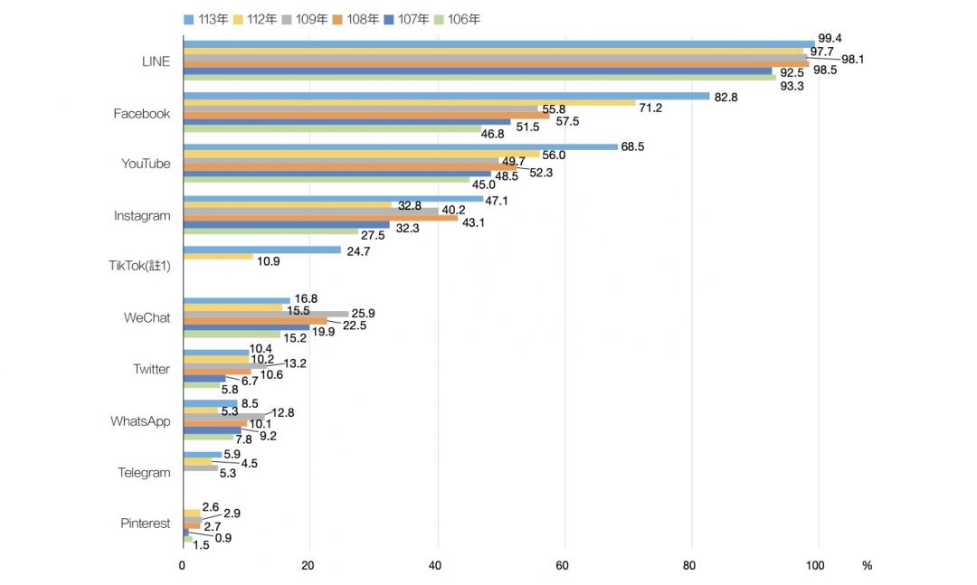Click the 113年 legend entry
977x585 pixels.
[205, 19]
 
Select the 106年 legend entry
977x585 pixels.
[457, 19]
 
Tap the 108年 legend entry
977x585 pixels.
[356, 19]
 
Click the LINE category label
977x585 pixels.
[156, 61]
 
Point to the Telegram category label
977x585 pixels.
[144, 473]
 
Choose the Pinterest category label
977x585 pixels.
[145, 524]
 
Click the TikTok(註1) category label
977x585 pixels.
[139, 266]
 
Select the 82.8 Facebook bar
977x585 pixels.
[447, 96]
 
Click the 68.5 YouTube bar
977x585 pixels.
[401, 147]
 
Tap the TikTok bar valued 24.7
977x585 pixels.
[262, 250]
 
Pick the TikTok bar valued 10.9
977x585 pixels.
[219, 257]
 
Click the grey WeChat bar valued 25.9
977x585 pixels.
[266, 314]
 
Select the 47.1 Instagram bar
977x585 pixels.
[333, 199]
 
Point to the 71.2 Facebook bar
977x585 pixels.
[410, 103]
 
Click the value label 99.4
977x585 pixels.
[830, 39]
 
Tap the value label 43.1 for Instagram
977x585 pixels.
[473, 222]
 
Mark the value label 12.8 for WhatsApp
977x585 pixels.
[283, 412]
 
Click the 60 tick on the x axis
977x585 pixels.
[562, 566]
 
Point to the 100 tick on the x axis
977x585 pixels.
[815, 566]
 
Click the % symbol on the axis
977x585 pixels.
[867, 566]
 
